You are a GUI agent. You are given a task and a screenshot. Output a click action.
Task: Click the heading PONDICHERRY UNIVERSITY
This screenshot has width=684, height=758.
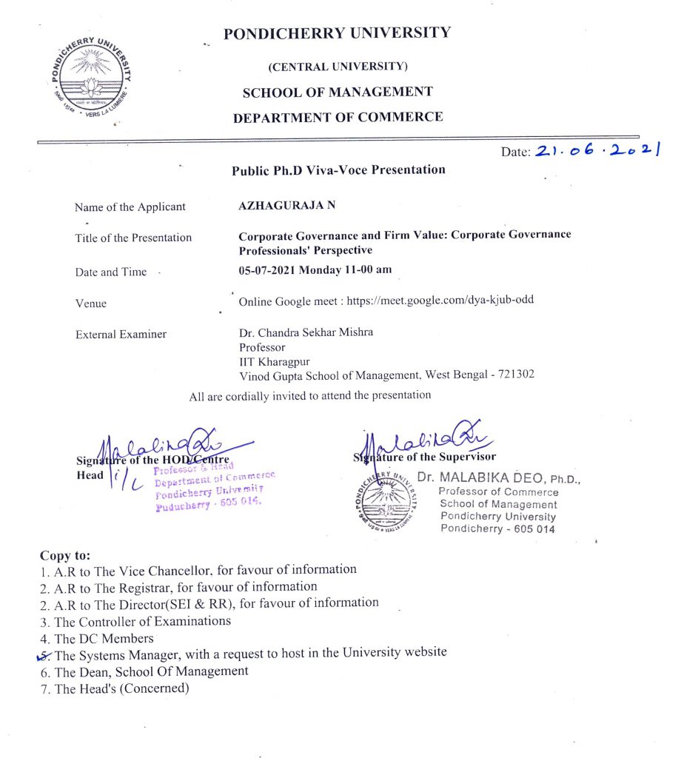337,33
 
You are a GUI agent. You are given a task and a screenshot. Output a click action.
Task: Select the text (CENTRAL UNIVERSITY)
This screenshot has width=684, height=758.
338,67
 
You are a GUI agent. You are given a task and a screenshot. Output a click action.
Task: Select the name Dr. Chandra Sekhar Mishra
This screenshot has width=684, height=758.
306,332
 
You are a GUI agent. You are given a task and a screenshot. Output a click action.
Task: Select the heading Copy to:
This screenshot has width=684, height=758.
66,554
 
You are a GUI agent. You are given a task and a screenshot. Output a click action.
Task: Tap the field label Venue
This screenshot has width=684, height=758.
90,303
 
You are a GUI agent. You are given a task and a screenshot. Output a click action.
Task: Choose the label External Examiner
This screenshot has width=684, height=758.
121,335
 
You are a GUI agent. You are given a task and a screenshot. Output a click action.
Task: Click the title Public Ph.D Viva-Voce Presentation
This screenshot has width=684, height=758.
338,170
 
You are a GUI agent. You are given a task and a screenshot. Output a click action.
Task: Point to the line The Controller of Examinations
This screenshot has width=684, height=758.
142,621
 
